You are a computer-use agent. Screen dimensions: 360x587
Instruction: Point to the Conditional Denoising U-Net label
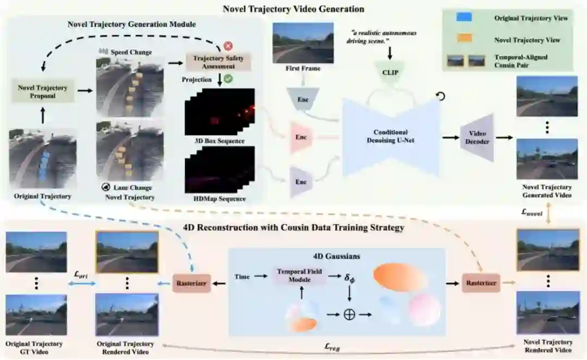(x=391, y=136)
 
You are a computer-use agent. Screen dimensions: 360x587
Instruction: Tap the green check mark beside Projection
(x=228, y=79)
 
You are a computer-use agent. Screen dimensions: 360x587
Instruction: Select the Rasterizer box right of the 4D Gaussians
(x=480, y=283)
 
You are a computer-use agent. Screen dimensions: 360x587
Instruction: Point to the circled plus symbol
(x=349, y=314)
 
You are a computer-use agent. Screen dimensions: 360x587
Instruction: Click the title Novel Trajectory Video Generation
(x=293, y=9)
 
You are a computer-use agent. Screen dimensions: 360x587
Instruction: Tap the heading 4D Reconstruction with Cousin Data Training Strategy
(x=294, y=228)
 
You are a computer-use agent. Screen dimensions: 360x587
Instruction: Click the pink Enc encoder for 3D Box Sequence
(x=301, y=137)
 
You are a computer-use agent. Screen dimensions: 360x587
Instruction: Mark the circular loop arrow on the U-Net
(x=441, y=96)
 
